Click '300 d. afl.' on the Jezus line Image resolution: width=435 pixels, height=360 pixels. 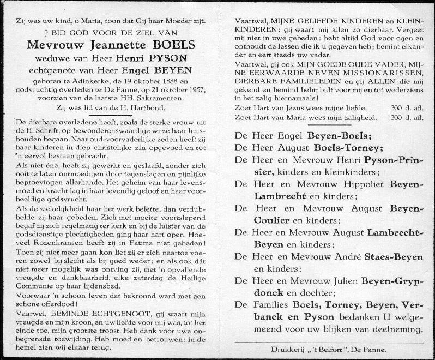tap(408, 108)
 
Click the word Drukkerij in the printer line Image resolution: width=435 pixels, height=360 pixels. tap(287, 348)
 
